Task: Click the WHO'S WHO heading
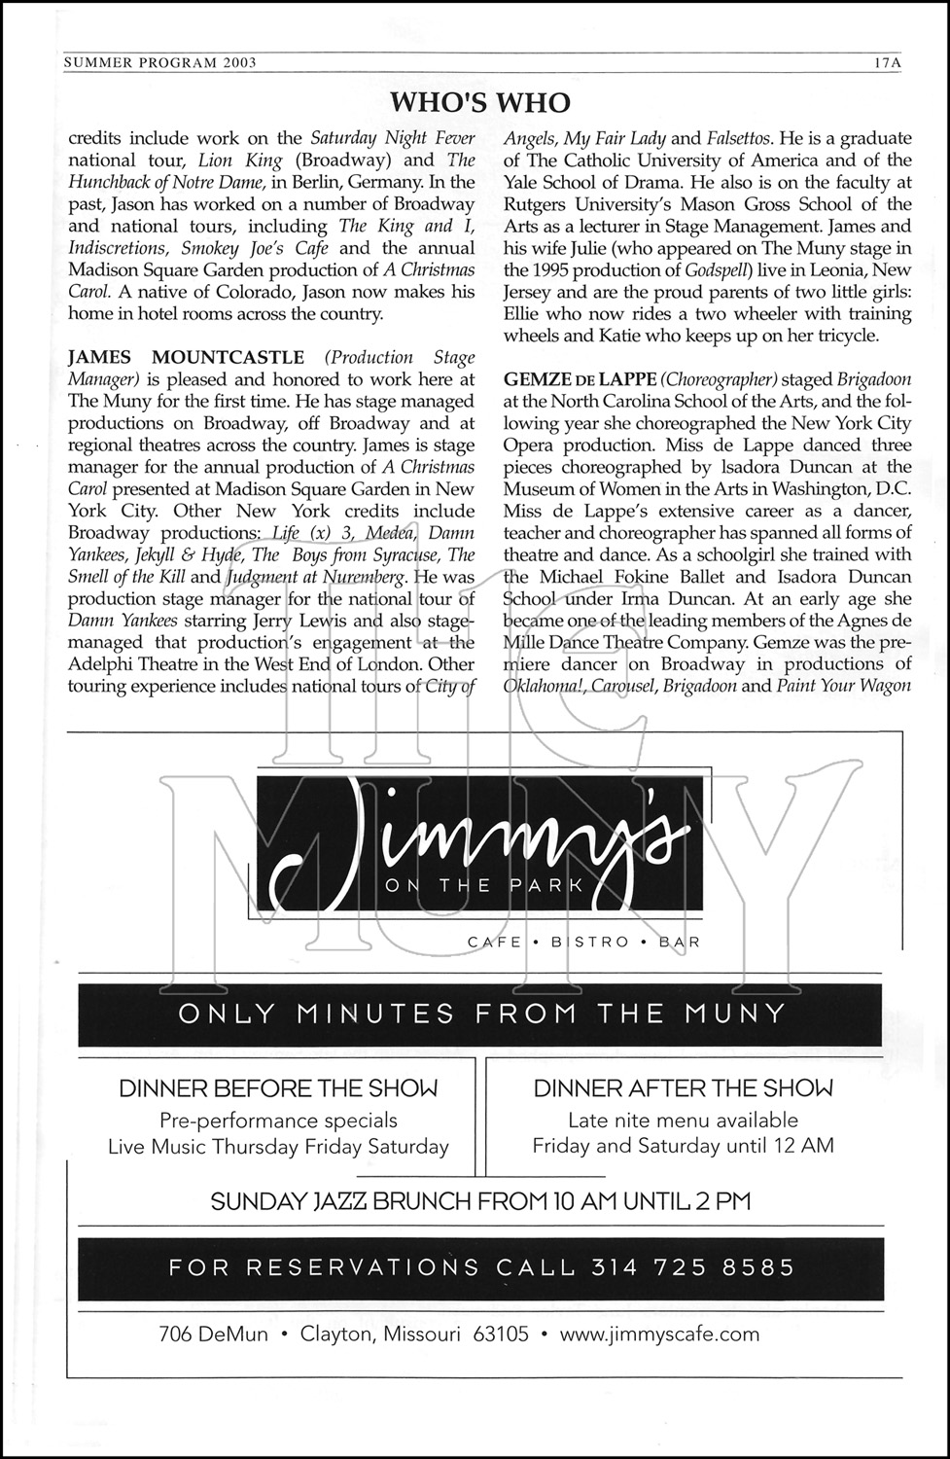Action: [479, 102]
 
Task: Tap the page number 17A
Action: [888, 62]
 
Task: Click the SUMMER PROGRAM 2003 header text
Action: [159, 62]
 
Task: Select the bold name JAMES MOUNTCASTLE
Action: [186, 358]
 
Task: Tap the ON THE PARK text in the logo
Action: [483, 885]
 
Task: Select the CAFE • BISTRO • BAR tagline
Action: [583, 942]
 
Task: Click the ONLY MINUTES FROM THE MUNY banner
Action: [481, 1014]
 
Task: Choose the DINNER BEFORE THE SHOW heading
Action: [278, 1088]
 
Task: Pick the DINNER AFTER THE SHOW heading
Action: [683, 1088]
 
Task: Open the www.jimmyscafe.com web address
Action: [659, 1334]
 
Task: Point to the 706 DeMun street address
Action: [213, 1334]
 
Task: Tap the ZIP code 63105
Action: [500, 1334]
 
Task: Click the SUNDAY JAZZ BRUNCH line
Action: [480, 1201]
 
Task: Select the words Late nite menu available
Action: [683, 1120]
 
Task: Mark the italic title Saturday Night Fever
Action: [393, 138]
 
